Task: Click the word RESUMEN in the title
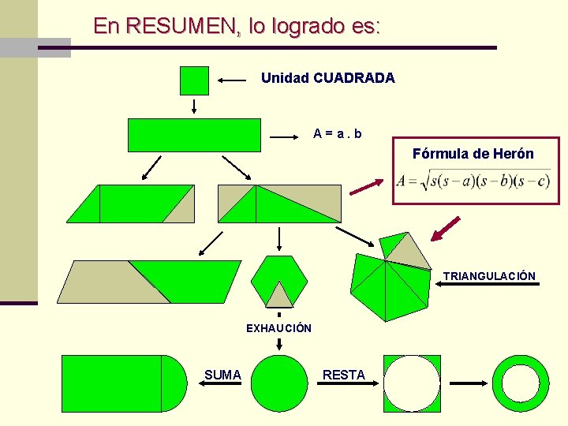pos(180,26)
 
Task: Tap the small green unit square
pos(194,80)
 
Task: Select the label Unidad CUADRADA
pos(327,78)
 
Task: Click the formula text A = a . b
pos(338,134)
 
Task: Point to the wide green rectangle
pos(194,135)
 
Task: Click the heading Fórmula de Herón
pos(473,154)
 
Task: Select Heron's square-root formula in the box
pos(473,181)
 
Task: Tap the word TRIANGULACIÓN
pos(489,276)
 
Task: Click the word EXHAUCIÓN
pos(278,328)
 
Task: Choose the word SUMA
pos(222,375)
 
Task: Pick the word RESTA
pos(344,375)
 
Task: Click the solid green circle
pos(279,383)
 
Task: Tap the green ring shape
pos(521,383)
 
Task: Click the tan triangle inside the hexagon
pos(278,295)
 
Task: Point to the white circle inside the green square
pos(411,383)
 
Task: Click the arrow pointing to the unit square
pos(233,80)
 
